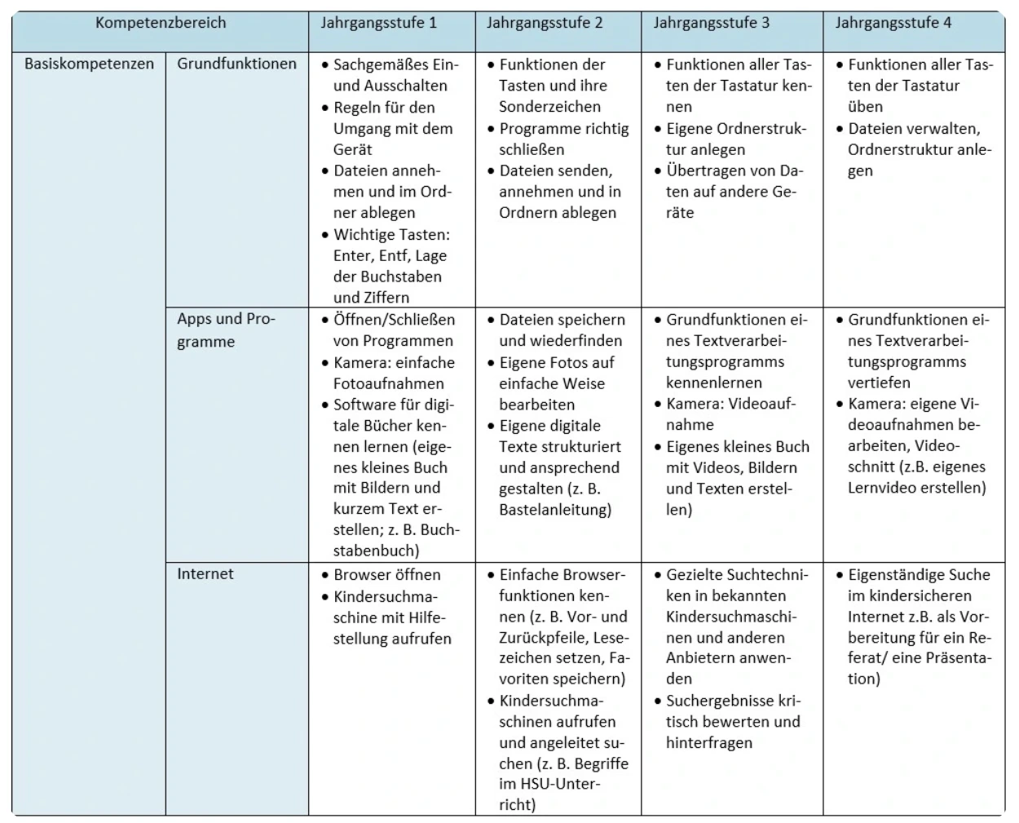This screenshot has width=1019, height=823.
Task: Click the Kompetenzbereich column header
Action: point(160,23)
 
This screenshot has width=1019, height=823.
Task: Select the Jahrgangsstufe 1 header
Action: point(378,23)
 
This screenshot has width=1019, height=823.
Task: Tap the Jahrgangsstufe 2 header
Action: point(545,23)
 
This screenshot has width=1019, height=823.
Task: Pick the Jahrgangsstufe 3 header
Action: point(711,23)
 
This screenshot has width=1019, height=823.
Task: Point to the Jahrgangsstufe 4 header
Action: point(893,23)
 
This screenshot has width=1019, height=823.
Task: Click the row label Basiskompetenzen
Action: point(89,64)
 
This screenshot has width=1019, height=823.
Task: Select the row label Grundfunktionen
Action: point(236,64)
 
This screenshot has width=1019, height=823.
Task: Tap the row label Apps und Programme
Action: point(225,330)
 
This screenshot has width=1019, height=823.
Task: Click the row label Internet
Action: point(205,573)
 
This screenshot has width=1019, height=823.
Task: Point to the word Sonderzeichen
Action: point(549,107)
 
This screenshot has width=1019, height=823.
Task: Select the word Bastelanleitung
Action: point(554,510)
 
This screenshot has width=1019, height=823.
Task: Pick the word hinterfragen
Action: point(708,742)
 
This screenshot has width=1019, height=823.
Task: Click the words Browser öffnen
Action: point(386,574)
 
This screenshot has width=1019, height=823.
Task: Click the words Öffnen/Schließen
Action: point(394,320)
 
